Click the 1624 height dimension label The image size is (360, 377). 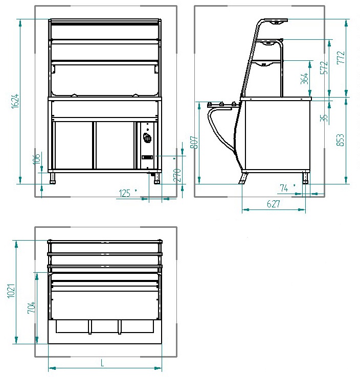(15, 101)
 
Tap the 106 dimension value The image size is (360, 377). (36, 159)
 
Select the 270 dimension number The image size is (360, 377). (177, 175)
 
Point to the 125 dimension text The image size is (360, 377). (125, 193)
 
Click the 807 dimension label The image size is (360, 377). (194, 143)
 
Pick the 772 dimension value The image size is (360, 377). (341, 57)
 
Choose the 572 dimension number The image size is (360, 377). (324, 67)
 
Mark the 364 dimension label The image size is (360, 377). (304, 78)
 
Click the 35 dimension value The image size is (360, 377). (324, 118)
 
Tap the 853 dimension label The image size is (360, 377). (340, 140)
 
